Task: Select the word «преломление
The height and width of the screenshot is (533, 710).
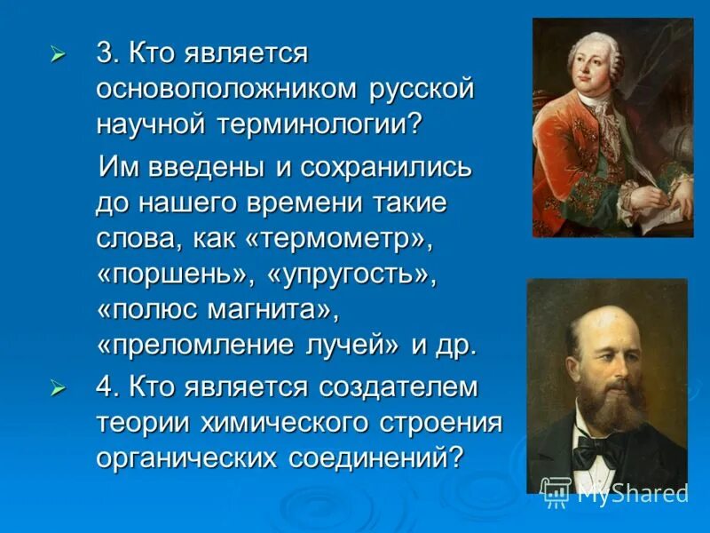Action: (x=199, y=345)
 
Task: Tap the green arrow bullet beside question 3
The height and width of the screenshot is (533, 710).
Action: (x=59, y=55)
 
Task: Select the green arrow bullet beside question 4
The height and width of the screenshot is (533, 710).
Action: (x=59, y=388)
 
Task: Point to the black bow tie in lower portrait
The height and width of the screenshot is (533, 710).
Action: (x=596, y=450)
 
